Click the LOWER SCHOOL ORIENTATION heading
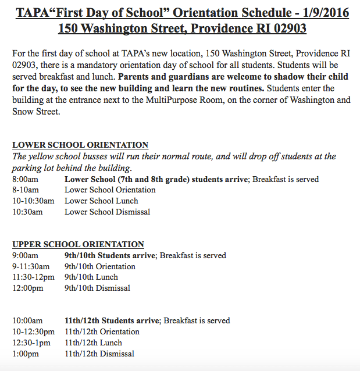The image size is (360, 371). (80, 145)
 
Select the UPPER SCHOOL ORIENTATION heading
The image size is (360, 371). (78, 245)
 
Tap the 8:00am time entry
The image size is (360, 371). (26, 179)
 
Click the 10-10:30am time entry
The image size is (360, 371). (33, 201)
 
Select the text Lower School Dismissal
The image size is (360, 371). (107, 212)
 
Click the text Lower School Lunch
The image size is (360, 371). (101, 201)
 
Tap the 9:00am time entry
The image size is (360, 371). (26, 255)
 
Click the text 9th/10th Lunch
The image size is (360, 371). (91, 277)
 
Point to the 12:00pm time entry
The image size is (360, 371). (27, 288)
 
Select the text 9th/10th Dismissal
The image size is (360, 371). (97, 288)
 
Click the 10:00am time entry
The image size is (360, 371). (27, 320)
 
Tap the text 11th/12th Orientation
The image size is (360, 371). (102, 331)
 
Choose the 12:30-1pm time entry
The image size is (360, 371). (32, 343)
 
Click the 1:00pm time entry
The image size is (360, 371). (26, 354)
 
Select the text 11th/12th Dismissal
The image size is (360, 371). (99, 354)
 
